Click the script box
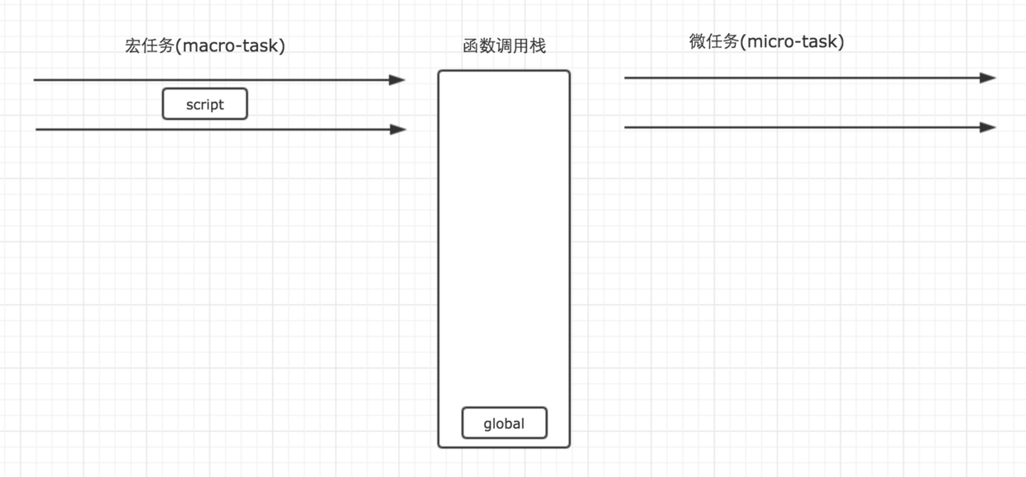tap(204, 104)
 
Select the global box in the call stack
tap(504, 423)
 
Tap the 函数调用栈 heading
tap(504, 46)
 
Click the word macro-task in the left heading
tap(231, 46)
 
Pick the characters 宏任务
tap(149, 46)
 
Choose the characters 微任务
tap(713, 42)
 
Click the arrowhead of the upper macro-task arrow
tap(399, 80)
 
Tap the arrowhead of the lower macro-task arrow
tap(400, 129)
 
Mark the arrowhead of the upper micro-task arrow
tap(989, 78)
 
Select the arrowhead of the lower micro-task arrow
tap(989, 128)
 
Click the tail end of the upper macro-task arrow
tap(35, 80)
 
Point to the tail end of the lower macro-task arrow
tap(37, 129)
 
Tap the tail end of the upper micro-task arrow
tap(626, 78)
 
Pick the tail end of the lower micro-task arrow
tap(626, 128)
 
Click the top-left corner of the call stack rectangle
tap(439, 72)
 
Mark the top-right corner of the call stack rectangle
tap(569, 72)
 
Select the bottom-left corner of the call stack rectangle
tap(439, 446)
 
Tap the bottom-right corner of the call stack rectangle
tap(569, 446)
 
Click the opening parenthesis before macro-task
tap(178, 46)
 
